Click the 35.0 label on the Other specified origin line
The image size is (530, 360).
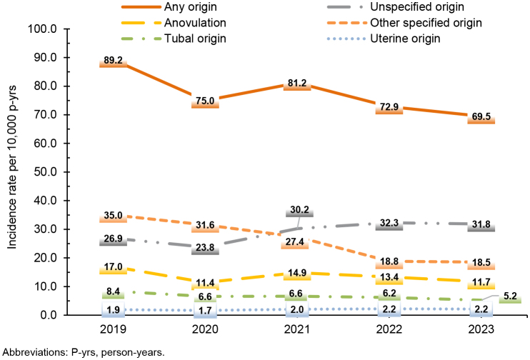click(x=113, y=216)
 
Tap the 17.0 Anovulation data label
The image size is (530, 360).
click(x=113, y=267)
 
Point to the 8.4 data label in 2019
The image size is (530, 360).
click(x=113, y=291)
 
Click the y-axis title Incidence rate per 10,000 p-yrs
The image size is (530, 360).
click(x=13, y=172)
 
